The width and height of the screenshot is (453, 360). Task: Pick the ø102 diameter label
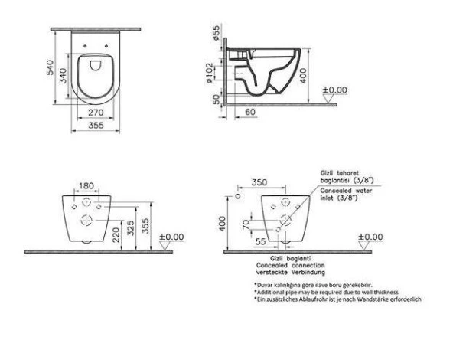tap(217, 72)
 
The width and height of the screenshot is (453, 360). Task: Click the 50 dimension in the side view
tap(217, 100)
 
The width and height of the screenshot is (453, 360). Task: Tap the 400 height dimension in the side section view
tap(304, 74)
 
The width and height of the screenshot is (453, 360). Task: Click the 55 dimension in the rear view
tap(262, 241)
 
